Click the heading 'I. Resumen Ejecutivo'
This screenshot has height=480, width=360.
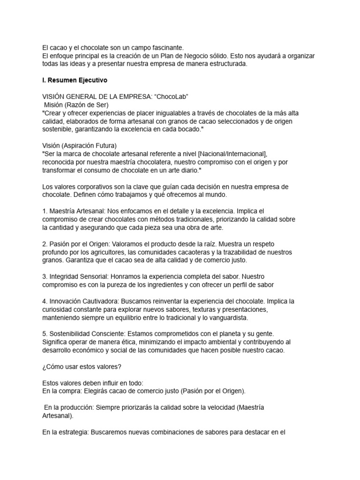[x=75, y=80]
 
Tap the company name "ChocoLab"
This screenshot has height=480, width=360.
[x=172, y=97]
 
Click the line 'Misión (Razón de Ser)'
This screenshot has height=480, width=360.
[x=76, y=105]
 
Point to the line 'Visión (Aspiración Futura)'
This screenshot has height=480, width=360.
[x=79, y=145]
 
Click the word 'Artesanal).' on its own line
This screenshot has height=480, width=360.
[x=58, y=415]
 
